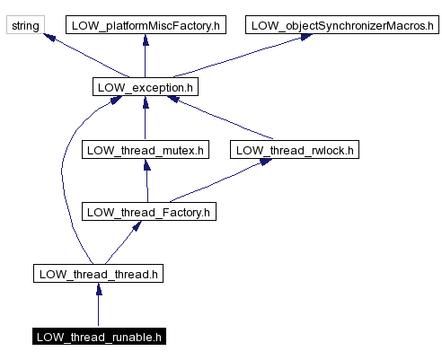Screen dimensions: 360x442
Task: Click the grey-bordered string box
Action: click(x=25, y=25)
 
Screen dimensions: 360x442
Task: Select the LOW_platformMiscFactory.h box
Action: click(x=145, y=25)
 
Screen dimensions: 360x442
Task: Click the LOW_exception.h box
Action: click(x=145, y=87)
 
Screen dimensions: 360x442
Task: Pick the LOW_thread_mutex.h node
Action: click(x=145, y=149)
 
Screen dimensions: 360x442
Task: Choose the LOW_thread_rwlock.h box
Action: click(x=294, y=149)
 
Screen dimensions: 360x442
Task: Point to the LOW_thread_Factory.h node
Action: click(x=148, y=212)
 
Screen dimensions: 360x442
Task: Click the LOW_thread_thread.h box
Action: click(x=98, y=274)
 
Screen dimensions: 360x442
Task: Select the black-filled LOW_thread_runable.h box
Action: click(x=98, y=337)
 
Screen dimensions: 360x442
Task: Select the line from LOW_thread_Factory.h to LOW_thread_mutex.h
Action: click(x=146, y=183)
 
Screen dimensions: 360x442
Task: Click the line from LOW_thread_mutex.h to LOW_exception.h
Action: click(x=145, y=121)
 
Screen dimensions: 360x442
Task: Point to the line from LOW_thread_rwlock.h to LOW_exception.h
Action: click(x=225, y=120)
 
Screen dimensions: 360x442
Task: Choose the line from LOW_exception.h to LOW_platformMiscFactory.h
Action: click(x=145, y=58)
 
